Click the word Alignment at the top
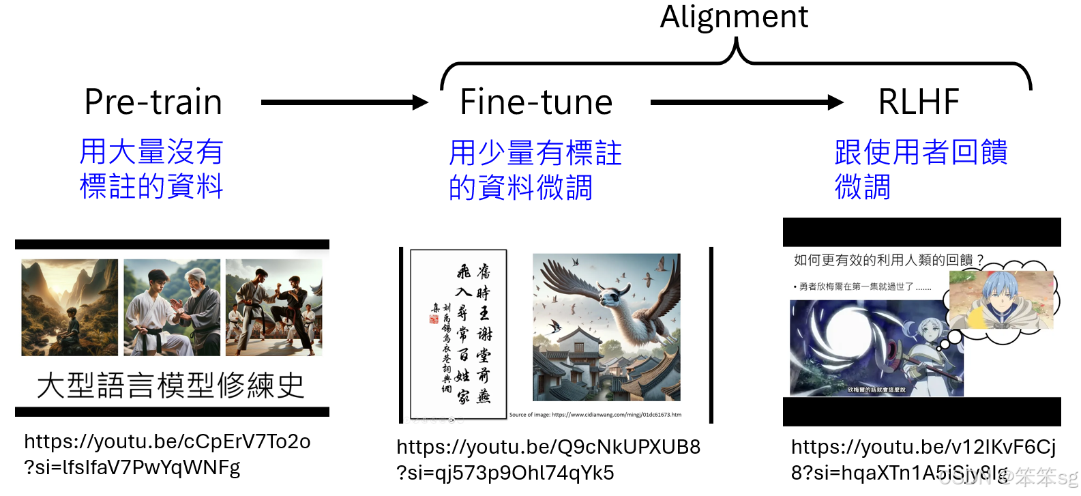click(x=734, y=17)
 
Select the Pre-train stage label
click(x=153, y=102)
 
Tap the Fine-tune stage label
click(x=536, y=102)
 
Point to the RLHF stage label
click(x=919, y=102)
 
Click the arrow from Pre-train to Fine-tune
click(x=344, y=103)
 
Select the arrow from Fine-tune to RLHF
click(x=746, y=103)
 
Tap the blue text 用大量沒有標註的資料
click(x=151, y=169)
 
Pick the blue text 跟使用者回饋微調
click(x=921, y=169)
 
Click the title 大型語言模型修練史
click(x=171, y=385)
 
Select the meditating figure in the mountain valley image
click(x=70, y=325)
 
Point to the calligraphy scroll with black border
click(x=458, y=334)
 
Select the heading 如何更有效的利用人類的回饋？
click(x=889, y=260)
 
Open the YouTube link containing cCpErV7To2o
click(x=167, y=454)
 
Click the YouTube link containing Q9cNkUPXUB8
click(x=548, y=460)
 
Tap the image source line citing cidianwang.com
click(x=595, y=415)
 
